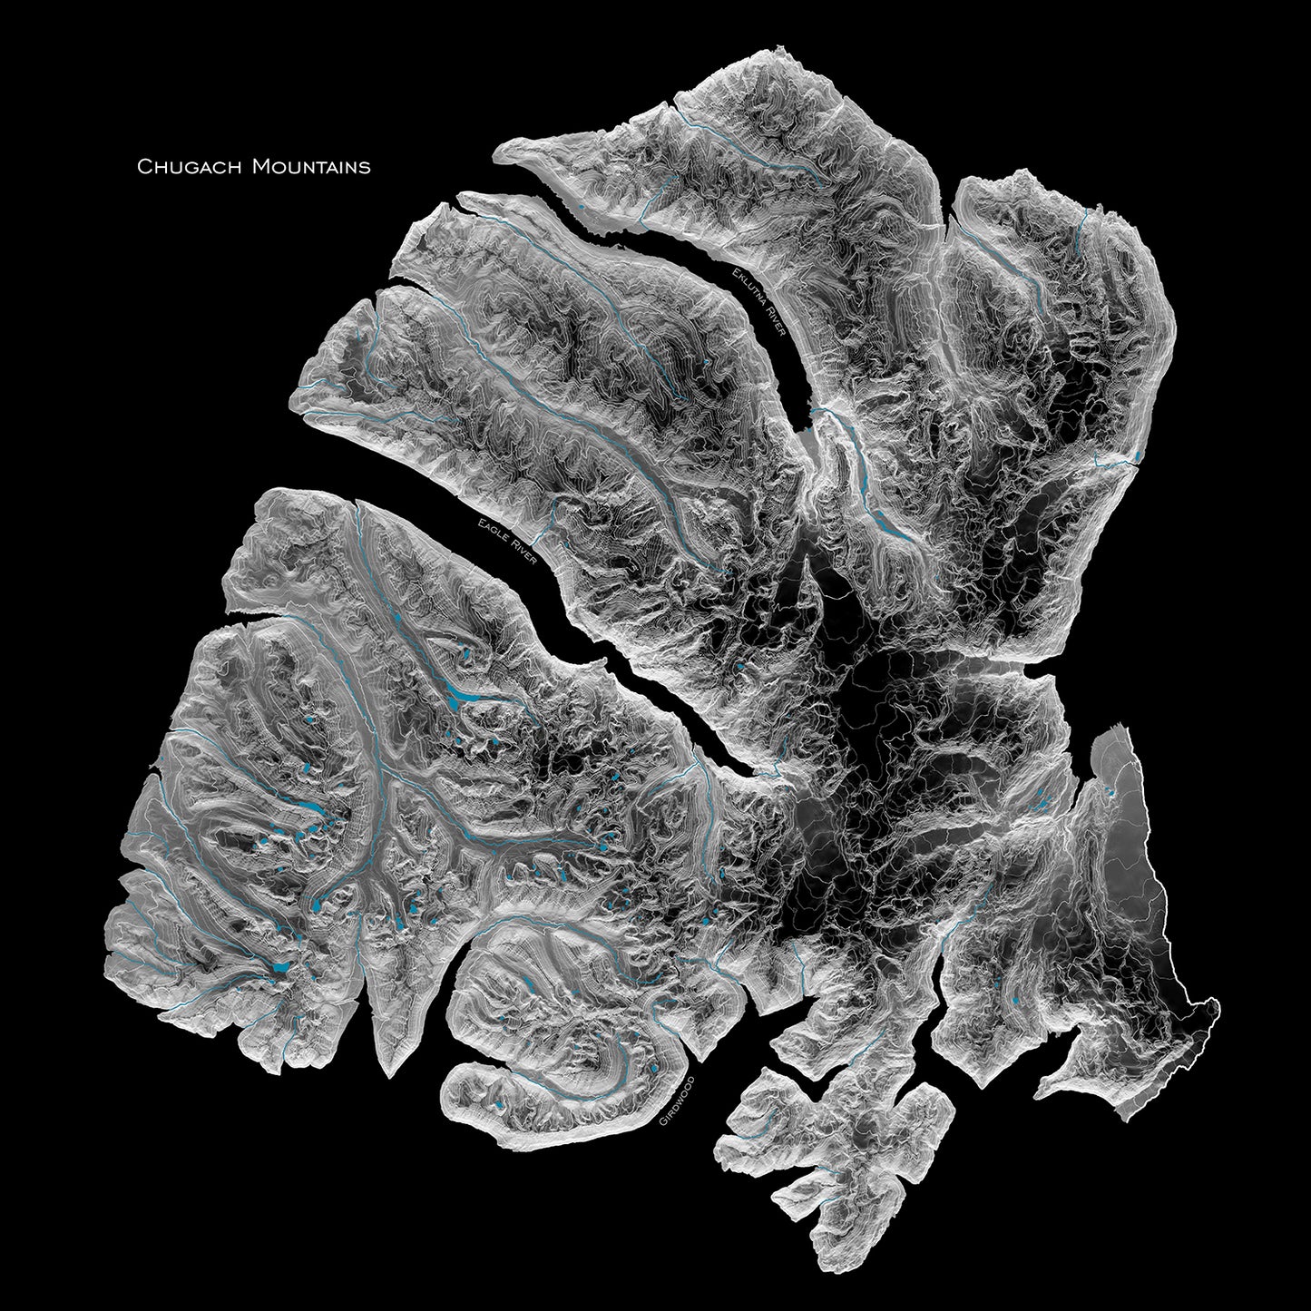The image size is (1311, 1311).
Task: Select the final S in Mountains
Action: (x=365, y=167)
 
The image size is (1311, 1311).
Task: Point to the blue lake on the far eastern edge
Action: (x=1137, y=453)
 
